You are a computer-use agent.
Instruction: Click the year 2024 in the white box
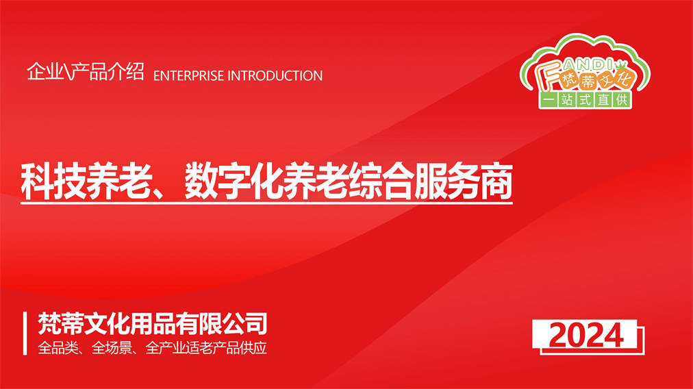(586, 336)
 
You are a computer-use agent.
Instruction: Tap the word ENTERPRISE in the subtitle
(189, 76)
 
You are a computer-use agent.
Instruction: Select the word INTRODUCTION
(275, 76)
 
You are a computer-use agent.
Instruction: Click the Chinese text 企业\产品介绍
(86, 71)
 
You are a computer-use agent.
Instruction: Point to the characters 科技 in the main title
(53, 181)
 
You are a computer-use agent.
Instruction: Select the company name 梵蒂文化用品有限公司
(153, 324)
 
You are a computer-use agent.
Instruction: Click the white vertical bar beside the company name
(25, 334)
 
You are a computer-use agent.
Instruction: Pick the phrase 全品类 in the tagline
(57, 348)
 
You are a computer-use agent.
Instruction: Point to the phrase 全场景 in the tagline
(111, 348)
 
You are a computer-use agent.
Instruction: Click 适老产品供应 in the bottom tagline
(226, 348)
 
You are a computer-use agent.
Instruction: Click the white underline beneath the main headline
(266, 203)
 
